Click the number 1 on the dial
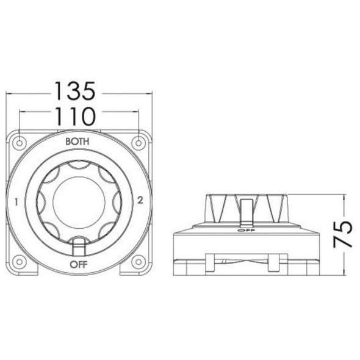pyautogui.click(x=15, y=201)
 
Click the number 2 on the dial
pyautogui.click(x=140, y=200)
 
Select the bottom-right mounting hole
pyautogui.click(x=139, y=261)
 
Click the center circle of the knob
pyautogui.click(x=78, y=202)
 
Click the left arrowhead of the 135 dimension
pyautogui.click(x=9, y=93)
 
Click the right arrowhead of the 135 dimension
pyautogui.click(x=149, y=93)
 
